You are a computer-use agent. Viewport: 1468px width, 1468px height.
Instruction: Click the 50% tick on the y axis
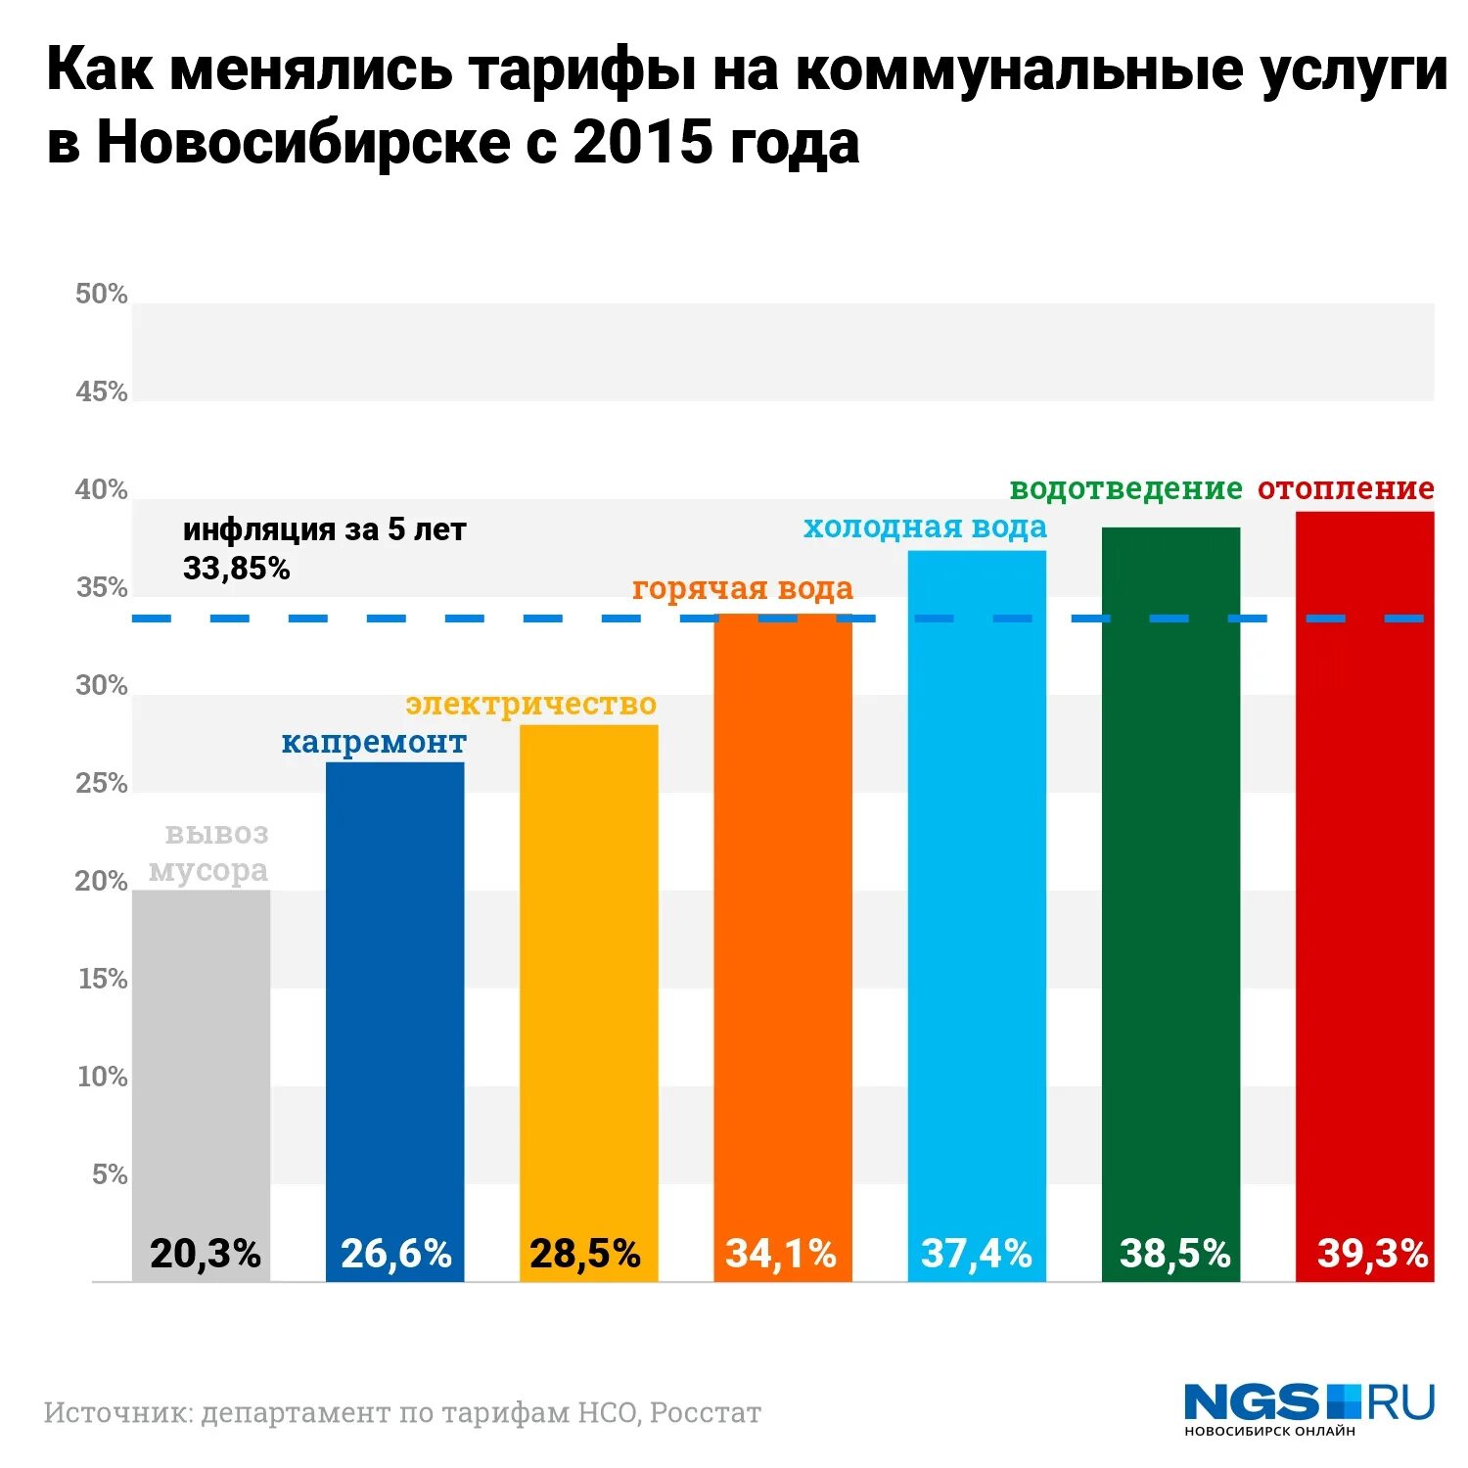pos(102,294)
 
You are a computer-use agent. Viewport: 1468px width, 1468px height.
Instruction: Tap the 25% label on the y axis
pos(102,783)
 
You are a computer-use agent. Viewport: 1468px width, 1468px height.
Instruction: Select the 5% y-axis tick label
pos(110,1174)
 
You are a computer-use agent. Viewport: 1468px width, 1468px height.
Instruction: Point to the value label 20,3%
pos(206,1254)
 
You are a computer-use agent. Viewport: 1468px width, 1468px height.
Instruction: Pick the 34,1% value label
pos(781,1254)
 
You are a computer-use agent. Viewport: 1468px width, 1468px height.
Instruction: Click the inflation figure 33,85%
pos(237,569)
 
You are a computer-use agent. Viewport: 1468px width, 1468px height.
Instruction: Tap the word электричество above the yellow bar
pos(531,705)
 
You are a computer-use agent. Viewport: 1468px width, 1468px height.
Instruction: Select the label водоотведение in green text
pos(1125,488)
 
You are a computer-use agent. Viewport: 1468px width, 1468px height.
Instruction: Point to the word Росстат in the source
pos(706,1413)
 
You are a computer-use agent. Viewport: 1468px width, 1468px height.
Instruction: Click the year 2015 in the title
pos(642,143)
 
